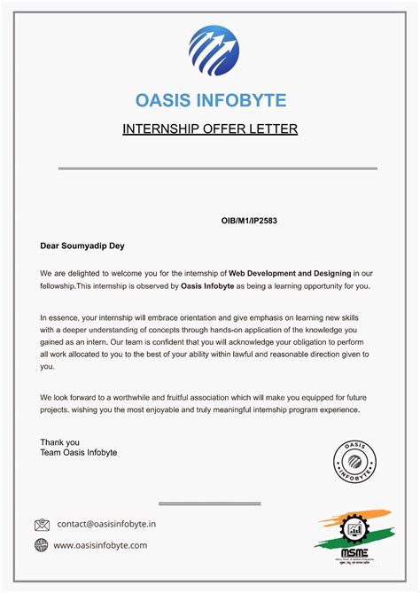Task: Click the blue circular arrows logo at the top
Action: tap(214, 51)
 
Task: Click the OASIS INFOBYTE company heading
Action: tap(210, 100)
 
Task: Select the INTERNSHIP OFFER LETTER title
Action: tap(210, 129)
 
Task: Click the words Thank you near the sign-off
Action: tap(59, 441)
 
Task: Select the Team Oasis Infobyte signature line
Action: tap(78, 453)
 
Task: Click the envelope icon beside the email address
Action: tap(42, 525)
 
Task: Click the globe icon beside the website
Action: tap(42, 545)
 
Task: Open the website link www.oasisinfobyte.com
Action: tap(100, 545)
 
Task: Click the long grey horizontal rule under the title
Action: tap(217, 168)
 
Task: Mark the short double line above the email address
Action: tap(209, 503)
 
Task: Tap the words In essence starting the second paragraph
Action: tap(63, 316)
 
